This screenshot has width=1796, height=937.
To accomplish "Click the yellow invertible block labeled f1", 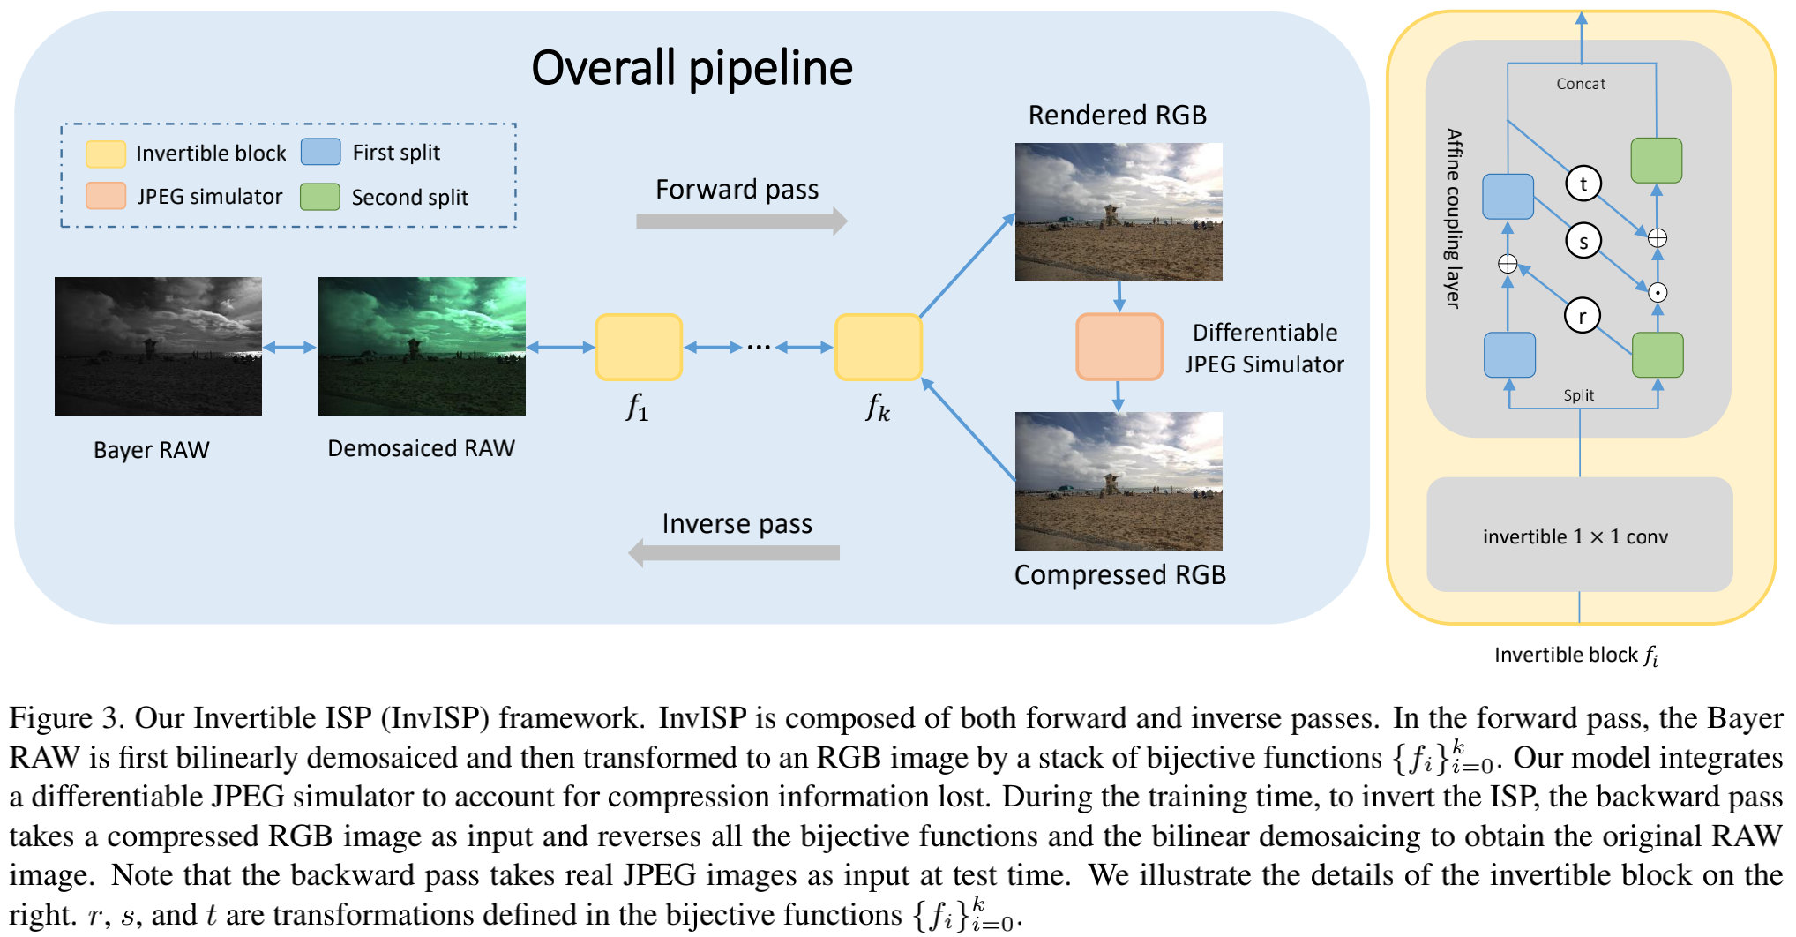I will click(639, 347).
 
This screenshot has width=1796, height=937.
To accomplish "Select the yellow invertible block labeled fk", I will click(879, 347).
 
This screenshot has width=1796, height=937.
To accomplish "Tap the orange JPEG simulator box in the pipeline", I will click(1119, 347).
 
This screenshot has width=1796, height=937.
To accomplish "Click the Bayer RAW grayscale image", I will click(158, 346).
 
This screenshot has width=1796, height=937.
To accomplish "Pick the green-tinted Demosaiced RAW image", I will click(422, 346).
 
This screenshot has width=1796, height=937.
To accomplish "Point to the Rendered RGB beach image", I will click(1119, 212).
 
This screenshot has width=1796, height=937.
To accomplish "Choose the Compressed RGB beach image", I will click(1119, 481).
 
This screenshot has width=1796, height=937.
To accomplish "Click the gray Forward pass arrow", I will click(741, 221).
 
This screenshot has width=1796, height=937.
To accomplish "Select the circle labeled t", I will click(1583, 184).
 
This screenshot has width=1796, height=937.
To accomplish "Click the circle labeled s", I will click(1583, 241).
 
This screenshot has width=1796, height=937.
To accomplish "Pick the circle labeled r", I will click(1583, 316).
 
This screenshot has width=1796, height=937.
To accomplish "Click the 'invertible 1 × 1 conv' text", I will click(1575, 536).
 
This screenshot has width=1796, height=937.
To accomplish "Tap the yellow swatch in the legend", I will click(105, 154).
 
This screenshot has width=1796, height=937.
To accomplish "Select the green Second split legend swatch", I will click(319, 197).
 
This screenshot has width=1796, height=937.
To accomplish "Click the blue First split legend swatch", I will click(320, 152).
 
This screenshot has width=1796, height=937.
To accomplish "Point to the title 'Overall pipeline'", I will click(692, 68).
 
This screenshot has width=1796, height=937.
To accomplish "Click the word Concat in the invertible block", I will click(1581, 84).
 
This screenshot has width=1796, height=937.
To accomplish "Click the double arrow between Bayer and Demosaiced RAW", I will click(289, 348).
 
